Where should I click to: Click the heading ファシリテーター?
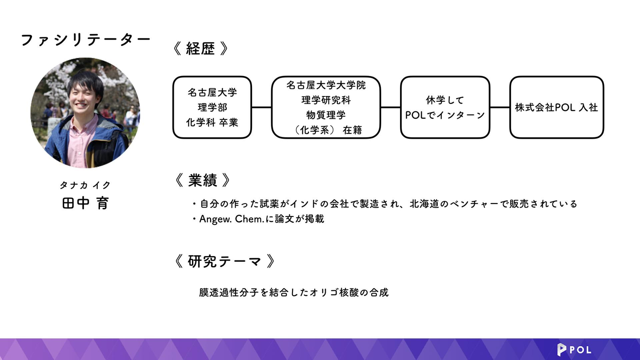coord(85,40)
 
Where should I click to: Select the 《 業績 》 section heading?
coord(203,180)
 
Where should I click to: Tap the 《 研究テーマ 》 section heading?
coord(224,261)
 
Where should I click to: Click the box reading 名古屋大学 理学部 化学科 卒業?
coord(212,107)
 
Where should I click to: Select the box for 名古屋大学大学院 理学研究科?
coord(326,107)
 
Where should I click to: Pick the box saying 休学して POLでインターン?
coord(444,107)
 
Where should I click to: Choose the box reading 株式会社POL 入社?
coord(556,107)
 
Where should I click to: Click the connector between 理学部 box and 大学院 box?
coord(261,107)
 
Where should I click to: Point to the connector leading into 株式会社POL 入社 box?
coord(500,107)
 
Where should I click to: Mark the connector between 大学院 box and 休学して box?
coord(390,107)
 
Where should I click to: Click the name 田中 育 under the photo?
coord(85,203)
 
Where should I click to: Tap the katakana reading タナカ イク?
coord(85,185)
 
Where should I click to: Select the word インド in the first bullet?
coord(304,204)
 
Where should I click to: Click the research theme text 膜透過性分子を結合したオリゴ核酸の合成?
coord(294,292)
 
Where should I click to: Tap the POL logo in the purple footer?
coord(574,350)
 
